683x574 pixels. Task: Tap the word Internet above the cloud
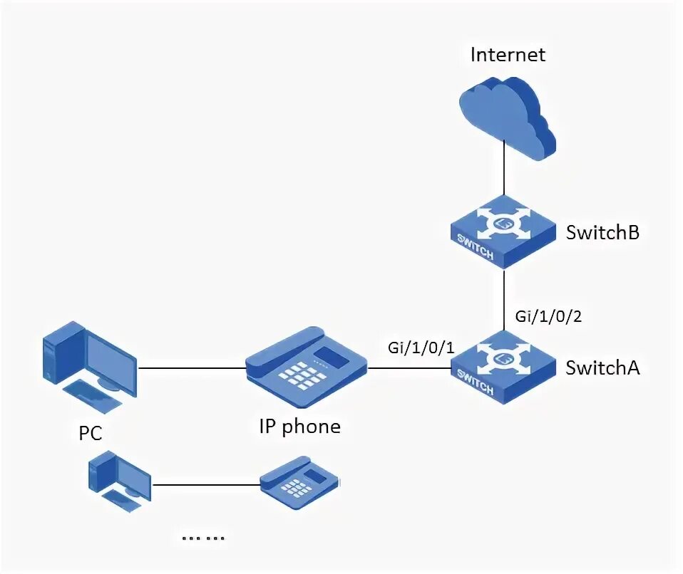point(508,55)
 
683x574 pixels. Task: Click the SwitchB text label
point(602,232)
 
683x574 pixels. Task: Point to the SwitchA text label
point(602,367)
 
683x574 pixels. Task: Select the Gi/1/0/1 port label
point(421,347)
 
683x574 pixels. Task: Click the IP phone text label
point(299,427)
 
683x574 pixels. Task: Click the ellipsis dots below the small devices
point(202,538)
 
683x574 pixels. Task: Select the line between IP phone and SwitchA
point(408,368)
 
